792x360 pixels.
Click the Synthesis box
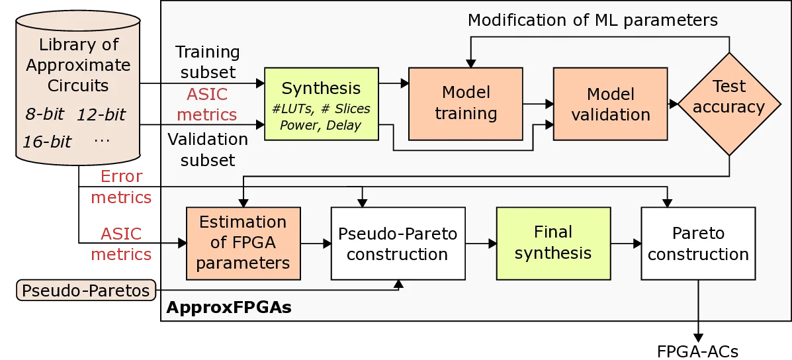tap(322, 103)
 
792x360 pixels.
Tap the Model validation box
tap(611, 104)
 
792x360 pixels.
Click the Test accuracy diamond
tap(729, 97)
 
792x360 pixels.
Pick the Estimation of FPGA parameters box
tap(243, 242)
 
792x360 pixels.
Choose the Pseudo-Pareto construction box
tap(397, 244)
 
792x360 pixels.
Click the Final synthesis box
tap(553, 242)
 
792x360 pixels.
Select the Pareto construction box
tap(698, 244)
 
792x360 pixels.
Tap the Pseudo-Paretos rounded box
tap(86, 291)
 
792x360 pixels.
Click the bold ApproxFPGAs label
tap(228, 307)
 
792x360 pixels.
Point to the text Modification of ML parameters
tap(592, 21)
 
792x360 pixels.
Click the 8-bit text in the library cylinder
tap(44, 114)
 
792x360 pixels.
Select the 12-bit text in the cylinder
tap(101, 114)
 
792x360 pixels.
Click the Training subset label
tap(207, 61)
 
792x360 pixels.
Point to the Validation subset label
tap(208, 150)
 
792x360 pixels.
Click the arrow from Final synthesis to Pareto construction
tap(625, 244)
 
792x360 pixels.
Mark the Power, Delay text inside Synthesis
tap(321, 124)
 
